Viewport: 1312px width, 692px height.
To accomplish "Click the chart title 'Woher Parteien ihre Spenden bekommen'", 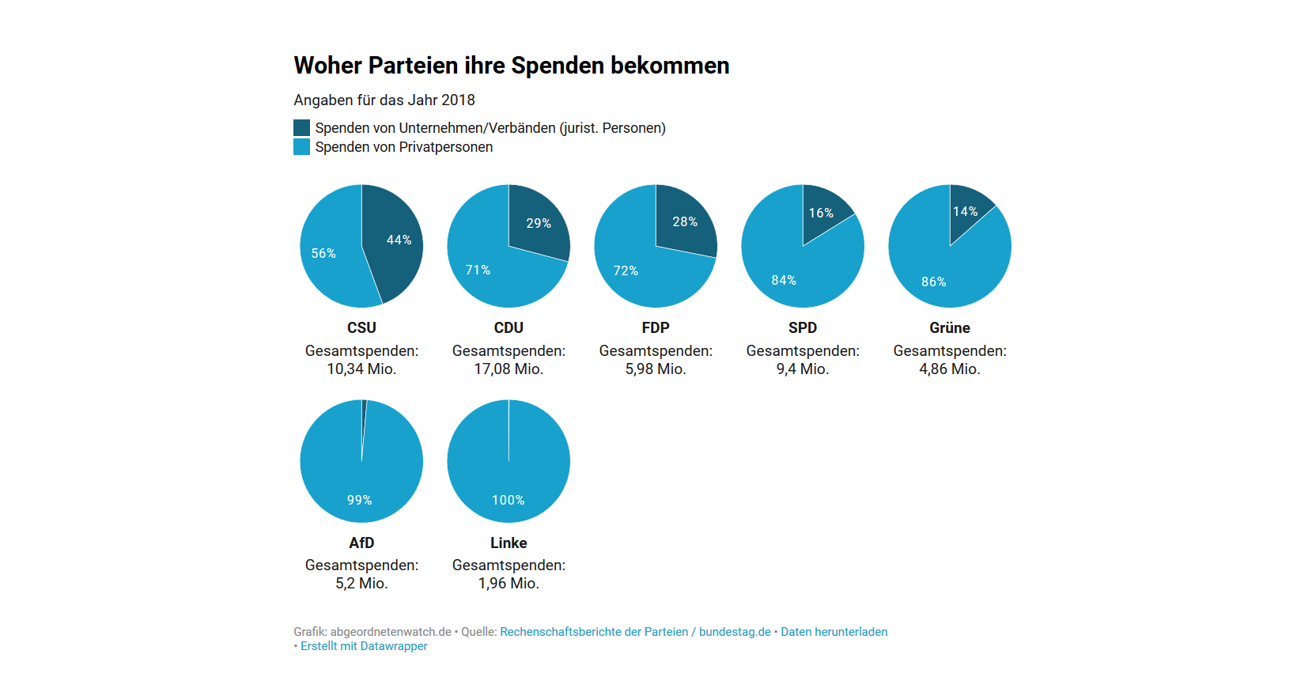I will click(x=511, y=66).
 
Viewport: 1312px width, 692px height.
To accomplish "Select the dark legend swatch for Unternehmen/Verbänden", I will click(x=301, y=128).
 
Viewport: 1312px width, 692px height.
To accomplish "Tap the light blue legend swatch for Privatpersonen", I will click(x=301, y=147).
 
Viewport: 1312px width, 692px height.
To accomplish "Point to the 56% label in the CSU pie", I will click(x=323, y=254).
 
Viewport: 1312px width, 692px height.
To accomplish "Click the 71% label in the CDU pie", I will click(x=478, y=270).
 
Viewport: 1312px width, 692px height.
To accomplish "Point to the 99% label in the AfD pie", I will click(x=359, y=501).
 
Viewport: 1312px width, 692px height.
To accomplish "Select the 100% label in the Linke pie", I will click(x=508, y=501).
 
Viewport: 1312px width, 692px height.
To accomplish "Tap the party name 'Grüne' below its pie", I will click(x=949, y=328).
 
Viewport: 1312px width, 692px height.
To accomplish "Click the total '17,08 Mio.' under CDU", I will click(x=509, y=369).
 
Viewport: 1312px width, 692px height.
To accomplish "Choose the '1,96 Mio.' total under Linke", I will click(x=509, y=584).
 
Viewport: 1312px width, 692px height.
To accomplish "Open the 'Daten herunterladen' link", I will click(x=834, y=632).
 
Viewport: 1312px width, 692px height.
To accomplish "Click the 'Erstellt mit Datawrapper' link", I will click(x=364, y=646).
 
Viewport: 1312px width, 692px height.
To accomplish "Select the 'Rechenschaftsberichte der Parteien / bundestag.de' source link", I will click(x=635, y=632).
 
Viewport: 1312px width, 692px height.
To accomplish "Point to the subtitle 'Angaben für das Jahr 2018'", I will click(x=384, y=100).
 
